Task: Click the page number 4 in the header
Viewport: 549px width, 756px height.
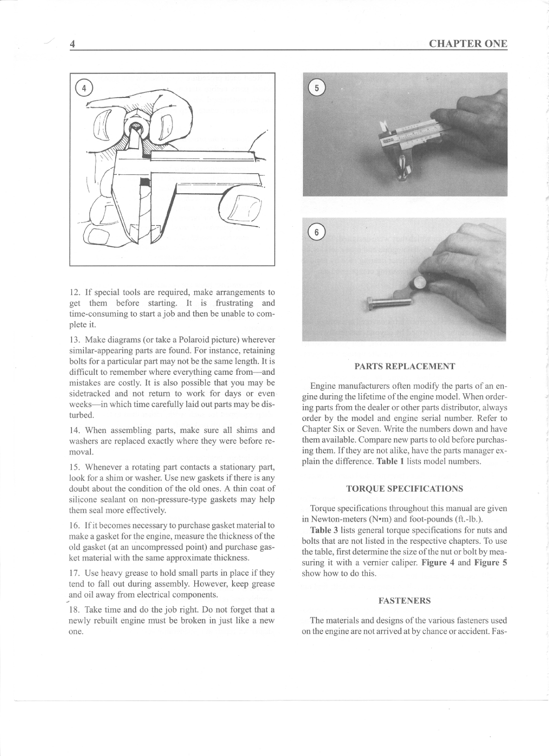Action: [72, 44]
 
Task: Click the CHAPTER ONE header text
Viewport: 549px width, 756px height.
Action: [468, 44]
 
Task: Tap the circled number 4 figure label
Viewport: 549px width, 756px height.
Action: [84, 88]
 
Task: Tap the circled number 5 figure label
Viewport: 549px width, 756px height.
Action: [316, 88]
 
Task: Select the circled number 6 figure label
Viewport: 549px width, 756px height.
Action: [316, 232]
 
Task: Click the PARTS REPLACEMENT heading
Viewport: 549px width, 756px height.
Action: [405, 366]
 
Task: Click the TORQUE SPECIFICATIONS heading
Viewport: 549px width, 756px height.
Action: [405, 489]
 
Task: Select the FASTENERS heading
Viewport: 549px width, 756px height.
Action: [405, 600]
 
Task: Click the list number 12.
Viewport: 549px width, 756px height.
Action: [74, 293]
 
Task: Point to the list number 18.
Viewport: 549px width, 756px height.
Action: [74, 610]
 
